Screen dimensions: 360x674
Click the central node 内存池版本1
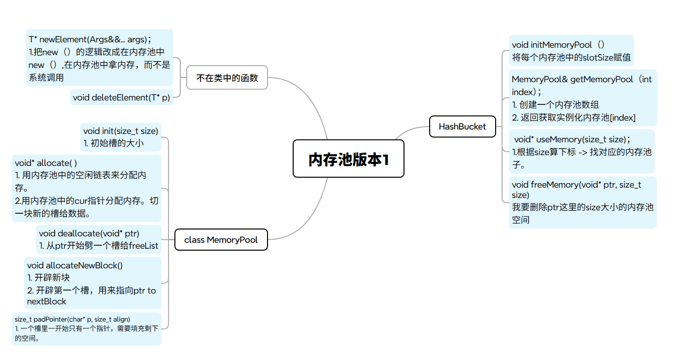348,159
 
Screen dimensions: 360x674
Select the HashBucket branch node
462,127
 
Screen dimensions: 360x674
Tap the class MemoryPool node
221,240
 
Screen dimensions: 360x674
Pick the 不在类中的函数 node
227,77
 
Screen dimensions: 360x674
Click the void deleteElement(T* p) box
121,98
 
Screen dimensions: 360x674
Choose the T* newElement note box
99,58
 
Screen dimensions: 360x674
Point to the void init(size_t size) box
121,137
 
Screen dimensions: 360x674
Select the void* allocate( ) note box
86,188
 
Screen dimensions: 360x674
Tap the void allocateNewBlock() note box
92,283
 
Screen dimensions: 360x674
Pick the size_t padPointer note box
86,328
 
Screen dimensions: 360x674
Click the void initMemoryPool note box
571,51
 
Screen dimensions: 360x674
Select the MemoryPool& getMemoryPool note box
582,98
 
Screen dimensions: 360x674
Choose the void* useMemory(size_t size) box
582,152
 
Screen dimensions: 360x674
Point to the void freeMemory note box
582,202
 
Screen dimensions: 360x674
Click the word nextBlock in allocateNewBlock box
46,301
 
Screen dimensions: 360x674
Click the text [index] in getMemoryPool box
623,117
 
